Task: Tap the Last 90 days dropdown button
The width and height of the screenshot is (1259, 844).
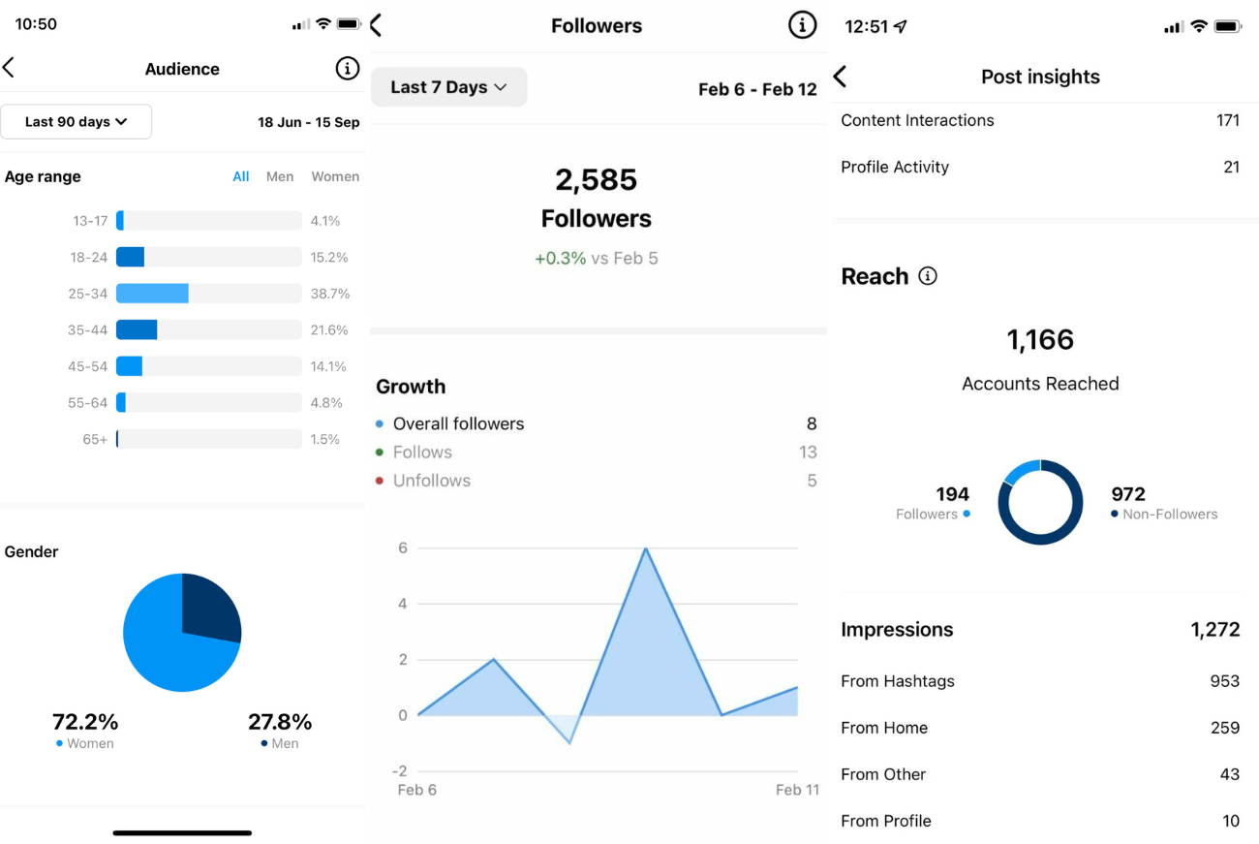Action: tap(76, 122)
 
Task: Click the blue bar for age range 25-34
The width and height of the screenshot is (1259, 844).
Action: tap(152, 294)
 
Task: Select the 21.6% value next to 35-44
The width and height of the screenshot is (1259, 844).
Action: tap(329, 330)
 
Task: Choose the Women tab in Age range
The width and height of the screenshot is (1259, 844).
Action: tap(335, 176)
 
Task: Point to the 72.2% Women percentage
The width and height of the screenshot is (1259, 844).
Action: tap(85, 722)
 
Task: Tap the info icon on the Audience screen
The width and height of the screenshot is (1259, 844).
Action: tap(347, 69)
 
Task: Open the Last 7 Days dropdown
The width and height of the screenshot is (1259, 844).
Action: tap(448, 87)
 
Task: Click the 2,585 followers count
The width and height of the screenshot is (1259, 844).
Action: tap(597, 180)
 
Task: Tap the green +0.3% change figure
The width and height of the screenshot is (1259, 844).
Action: tap(560, 259)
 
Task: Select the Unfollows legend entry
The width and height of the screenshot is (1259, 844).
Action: tap(431, 481)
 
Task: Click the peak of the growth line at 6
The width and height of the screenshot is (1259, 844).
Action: tap(645, 549)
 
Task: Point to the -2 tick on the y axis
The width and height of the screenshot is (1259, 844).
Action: tap(399, 771)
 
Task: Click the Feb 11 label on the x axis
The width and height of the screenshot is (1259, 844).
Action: tap(797, 790)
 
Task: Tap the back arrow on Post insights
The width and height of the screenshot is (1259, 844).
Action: tap(841, 77)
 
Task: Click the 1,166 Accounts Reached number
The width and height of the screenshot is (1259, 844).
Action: tap(1040, 340)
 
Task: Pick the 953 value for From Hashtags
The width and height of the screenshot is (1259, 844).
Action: tap(1224, 681)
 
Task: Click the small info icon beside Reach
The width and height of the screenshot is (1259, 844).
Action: tap(928, 277)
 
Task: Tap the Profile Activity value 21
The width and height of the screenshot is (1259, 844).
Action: tap(1231, 167)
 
